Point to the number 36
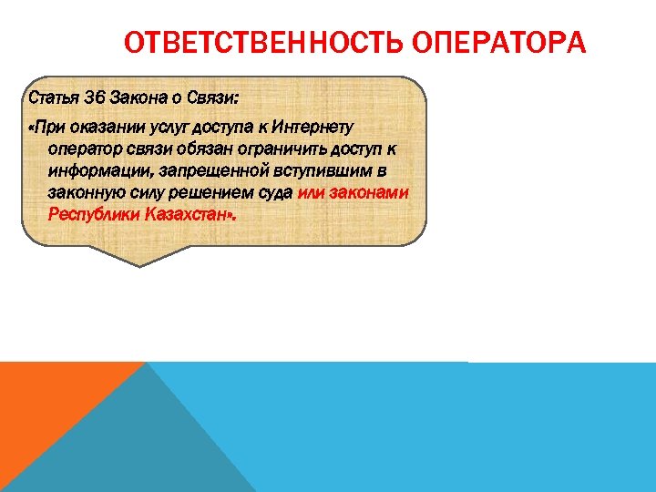96,97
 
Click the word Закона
137,97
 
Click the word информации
92,171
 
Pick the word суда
275,193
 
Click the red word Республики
92,215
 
